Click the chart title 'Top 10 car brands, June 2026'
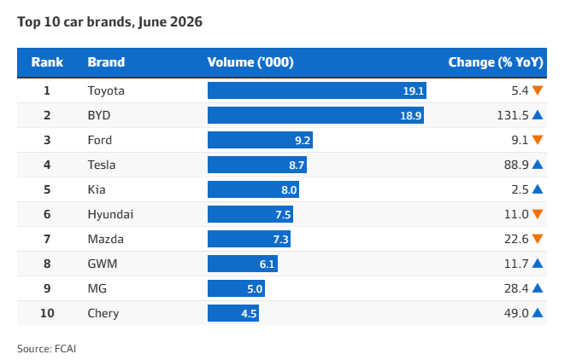(110, 22)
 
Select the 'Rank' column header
(47, 62)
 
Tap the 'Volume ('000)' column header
(250, 62)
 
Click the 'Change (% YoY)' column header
(496, 62)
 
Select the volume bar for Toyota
(317, 90)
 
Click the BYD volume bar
(315, 115)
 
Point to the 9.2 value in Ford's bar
(303, 141)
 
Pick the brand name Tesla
(102, 165)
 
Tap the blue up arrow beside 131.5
(538, 115)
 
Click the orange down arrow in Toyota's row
(538, 90)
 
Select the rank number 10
(47, 313)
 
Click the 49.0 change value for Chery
(516, 313)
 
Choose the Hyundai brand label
(110, 215)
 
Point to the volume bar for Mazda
(249, 239)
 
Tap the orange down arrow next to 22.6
(538, 239)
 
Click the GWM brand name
(103, 264)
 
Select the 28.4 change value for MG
(516, 288)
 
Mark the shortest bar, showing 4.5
(233, 313)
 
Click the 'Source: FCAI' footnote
(46, 349)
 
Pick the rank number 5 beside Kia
(47, 189)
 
